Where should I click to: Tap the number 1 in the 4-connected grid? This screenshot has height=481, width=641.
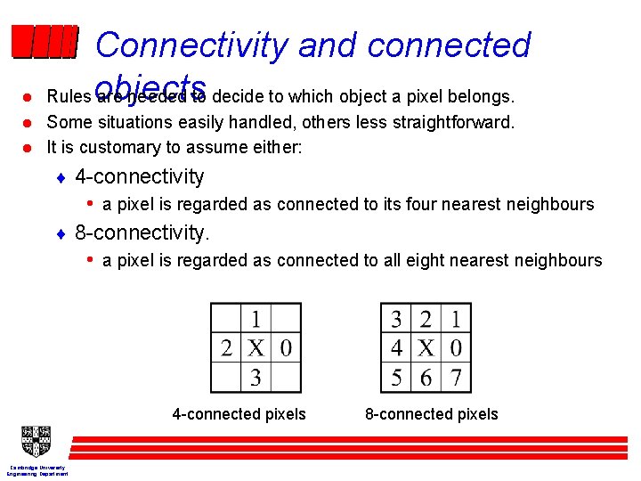point(256,318)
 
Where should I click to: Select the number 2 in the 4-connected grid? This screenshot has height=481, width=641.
point(226,347)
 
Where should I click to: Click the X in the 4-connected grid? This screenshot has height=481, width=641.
point(256,347)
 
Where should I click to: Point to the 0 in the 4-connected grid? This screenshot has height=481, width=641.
point(285,347)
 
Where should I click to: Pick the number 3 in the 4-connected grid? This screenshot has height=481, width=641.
point(256,378)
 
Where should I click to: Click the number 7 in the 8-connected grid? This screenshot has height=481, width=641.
point(456,378)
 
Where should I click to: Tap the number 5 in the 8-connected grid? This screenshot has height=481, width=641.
point(396,378)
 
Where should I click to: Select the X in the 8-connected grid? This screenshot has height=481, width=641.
point(426,347)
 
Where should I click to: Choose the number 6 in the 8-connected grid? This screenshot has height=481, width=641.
point(426,378)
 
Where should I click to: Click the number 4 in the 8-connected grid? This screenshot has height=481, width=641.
point(396,347)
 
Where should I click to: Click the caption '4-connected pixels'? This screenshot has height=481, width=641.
point(239,414)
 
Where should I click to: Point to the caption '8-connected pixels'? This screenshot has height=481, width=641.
point(432,414)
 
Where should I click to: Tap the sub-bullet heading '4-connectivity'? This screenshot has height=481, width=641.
point(140,177)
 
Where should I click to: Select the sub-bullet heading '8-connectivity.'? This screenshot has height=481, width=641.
point(142,233)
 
